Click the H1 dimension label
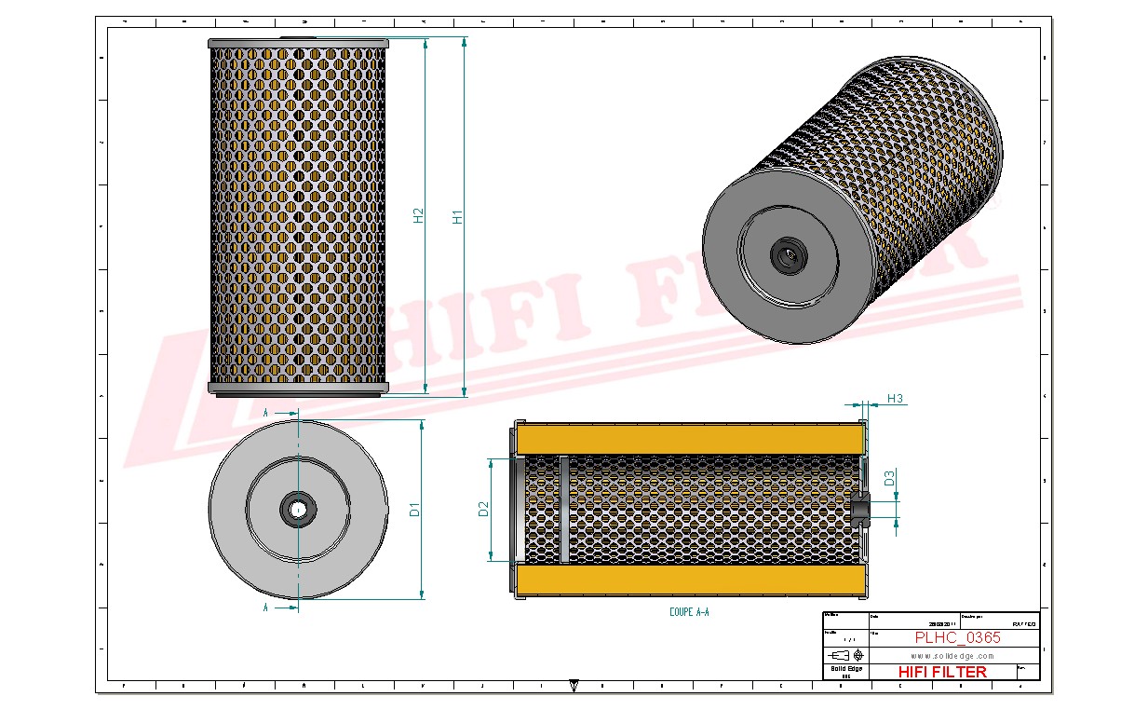click(457, 216)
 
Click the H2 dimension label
click(419, 215)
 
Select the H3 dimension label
click(895, 399)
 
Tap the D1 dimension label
click(415, 510)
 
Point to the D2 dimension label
click(483, 509)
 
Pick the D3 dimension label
click(889, 479)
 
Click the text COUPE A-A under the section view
click(689, 612)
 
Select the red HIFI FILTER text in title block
click(941, 672)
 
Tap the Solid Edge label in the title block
click(845, 669)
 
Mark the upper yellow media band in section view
click(689, 438)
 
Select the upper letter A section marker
click(266, 411)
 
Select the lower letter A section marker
click(266, 607)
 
